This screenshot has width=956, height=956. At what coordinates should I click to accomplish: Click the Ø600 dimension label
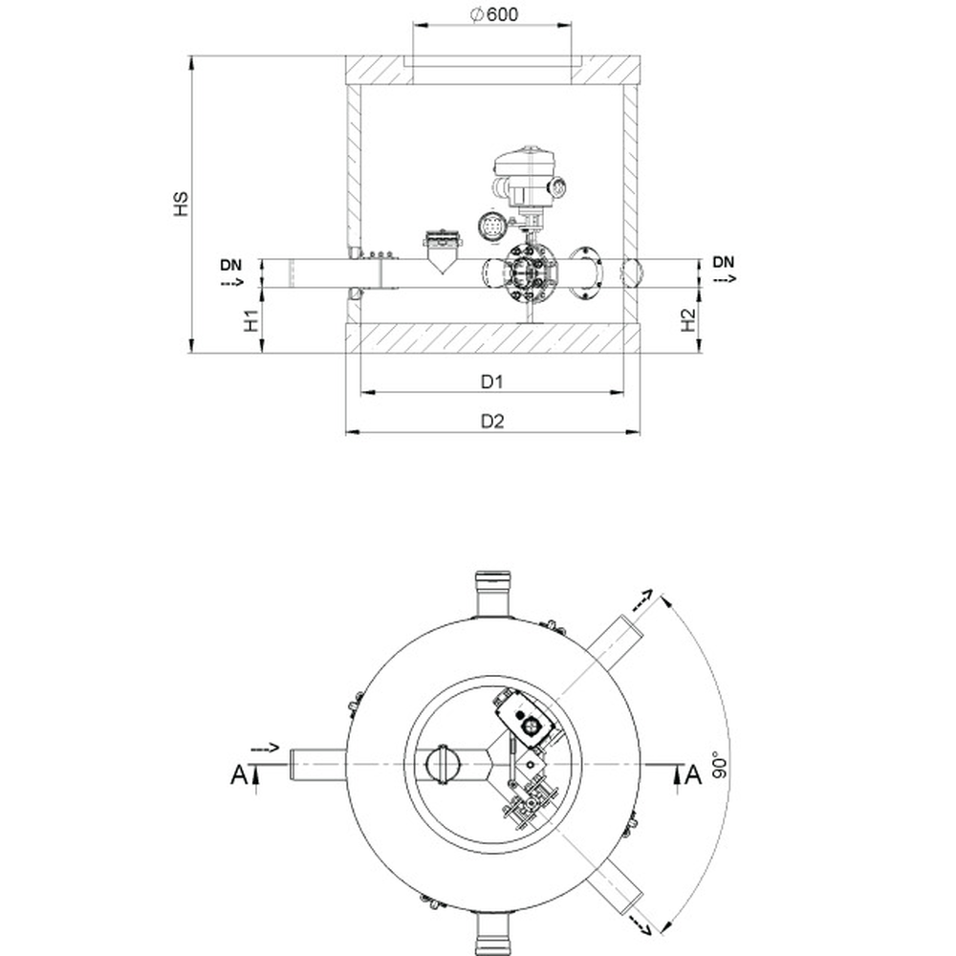coord(494,14)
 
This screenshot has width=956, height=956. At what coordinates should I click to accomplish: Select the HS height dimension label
coord(181,204)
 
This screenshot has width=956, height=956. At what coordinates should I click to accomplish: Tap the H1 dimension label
coord(251,320)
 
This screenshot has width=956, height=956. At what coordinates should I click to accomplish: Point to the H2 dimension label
coord(687,320)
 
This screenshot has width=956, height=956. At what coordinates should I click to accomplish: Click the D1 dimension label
coord(492,381)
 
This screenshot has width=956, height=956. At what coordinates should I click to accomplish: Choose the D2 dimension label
coord(492,422)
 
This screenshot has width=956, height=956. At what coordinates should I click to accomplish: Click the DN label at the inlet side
coord(231,265)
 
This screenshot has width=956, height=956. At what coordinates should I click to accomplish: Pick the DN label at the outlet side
coord(723,262)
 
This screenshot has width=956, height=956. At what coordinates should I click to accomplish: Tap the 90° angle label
coord(720,764)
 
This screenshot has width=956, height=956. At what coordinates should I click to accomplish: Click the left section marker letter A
coord(239,775)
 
